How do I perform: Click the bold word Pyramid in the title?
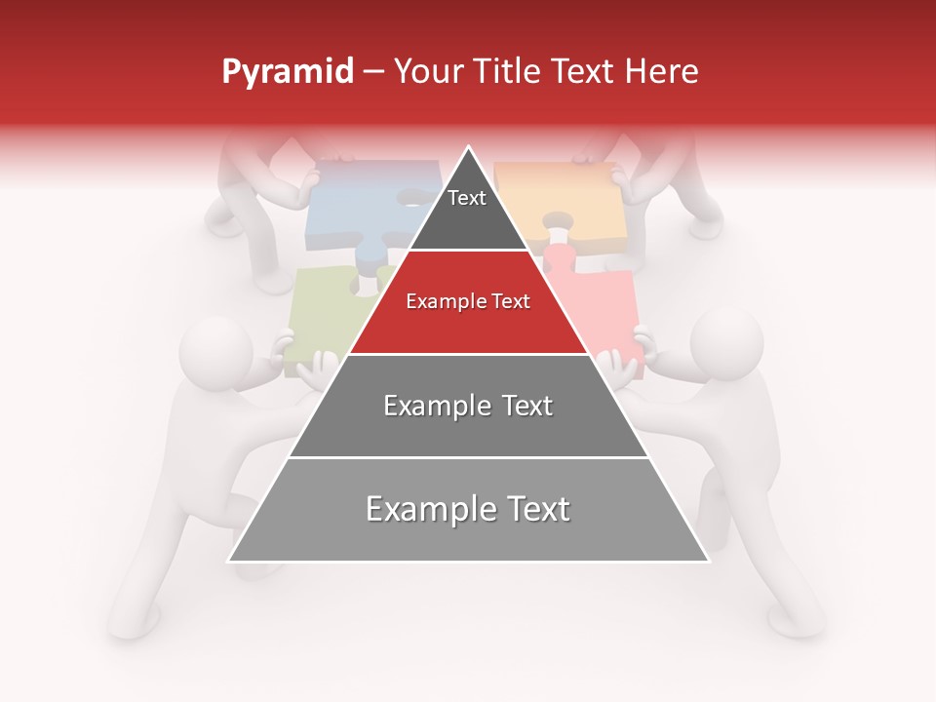287,72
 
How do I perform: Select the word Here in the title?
661,72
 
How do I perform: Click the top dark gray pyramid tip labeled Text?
467,210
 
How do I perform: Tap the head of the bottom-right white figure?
726,341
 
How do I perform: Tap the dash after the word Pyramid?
372,72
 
